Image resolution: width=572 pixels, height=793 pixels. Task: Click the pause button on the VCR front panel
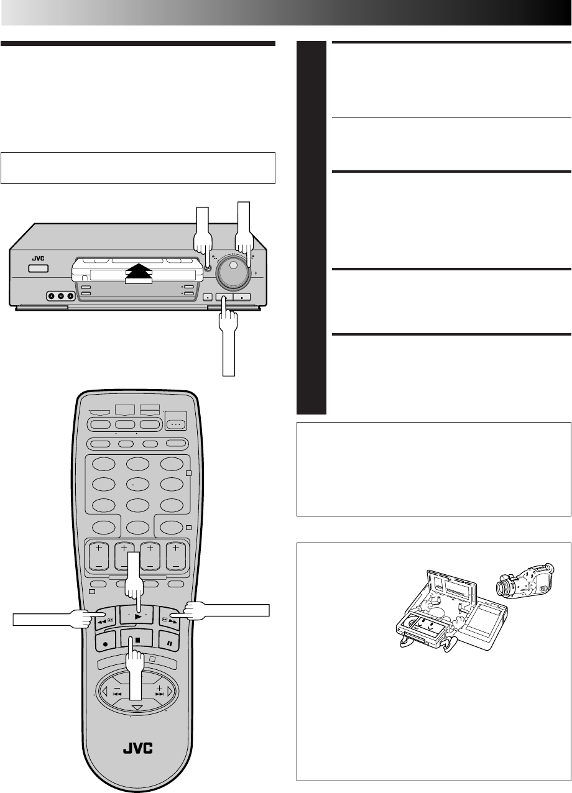point(242,297)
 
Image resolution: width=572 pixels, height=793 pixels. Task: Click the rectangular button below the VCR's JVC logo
point(37,269)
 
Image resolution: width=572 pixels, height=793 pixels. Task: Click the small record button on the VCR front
point(207,297)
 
